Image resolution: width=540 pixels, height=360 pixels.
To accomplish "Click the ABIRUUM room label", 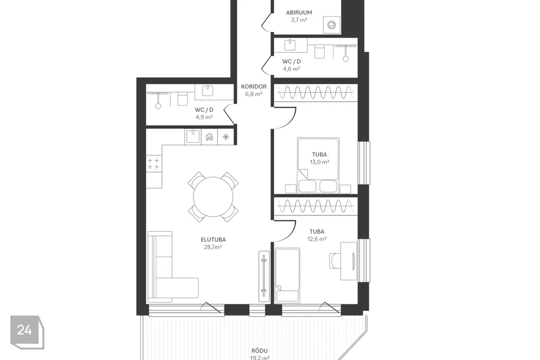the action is [x=299, y=12].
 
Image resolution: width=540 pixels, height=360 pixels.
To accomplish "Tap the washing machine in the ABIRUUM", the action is [x=332, y=25].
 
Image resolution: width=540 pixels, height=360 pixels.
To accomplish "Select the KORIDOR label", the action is [x=254, y=87].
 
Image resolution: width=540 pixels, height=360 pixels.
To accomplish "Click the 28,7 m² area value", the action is [x=213, y=247].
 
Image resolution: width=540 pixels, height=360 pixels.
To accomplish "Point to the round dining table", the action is [x=213, y=197].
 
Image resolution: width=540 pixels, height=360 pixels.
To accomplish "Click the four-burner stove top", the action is [x=154, y=164].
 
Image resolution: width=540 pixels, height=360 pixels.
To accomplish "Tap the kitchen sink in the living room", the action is [x=193, y=137].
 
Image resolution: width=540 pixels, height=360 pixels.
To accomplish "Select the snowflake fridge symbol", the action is [x=226, y=137].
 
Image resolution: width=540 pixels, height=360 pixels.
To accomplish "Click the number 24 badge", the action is [x=25, y=330].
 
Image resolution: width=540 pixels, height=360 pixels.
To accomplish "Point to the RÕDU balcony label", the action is [x=260, y=350].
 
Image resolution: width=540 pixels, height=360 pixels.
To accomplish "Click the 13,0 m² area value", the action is [x=319, y=162].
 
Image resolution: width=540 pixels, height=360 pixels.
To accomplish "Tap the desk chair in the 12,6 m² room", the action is [x=335, y=260].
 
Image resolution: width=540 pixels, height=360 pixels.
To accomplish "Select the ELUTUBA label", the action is [x=213, y=240].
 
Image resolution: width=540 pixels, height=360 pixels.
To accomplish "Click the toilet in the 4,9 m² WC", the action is [x=182, y=98].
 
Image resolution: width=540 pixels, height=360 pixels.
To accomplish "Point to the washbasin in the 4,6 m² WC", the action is [x=290, y=45].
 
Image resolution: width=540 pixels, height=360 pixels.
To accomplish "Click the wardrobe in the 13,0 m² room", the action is [x=316, y=93].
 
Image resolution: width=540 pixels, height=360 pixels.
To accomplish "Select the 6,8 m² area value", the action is [x=254, y=94].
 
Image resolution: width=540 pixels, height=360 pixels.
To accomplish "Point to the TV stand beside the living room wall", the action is [x=264, y=276].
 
